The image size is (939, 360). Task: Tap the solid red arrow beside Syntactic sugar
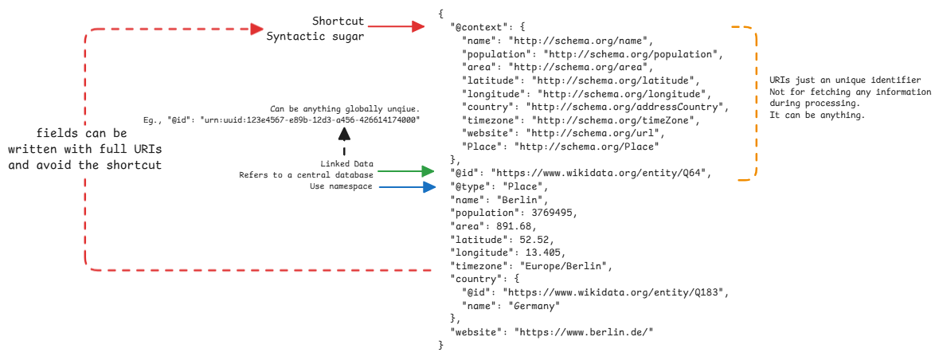point(395,28)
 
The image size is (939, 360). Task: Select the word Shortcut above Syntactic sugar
point(338,20)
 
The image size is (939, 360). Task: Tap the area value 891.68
point(511,225)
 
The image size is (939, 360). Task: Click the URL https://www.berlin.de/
point(584,331)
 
